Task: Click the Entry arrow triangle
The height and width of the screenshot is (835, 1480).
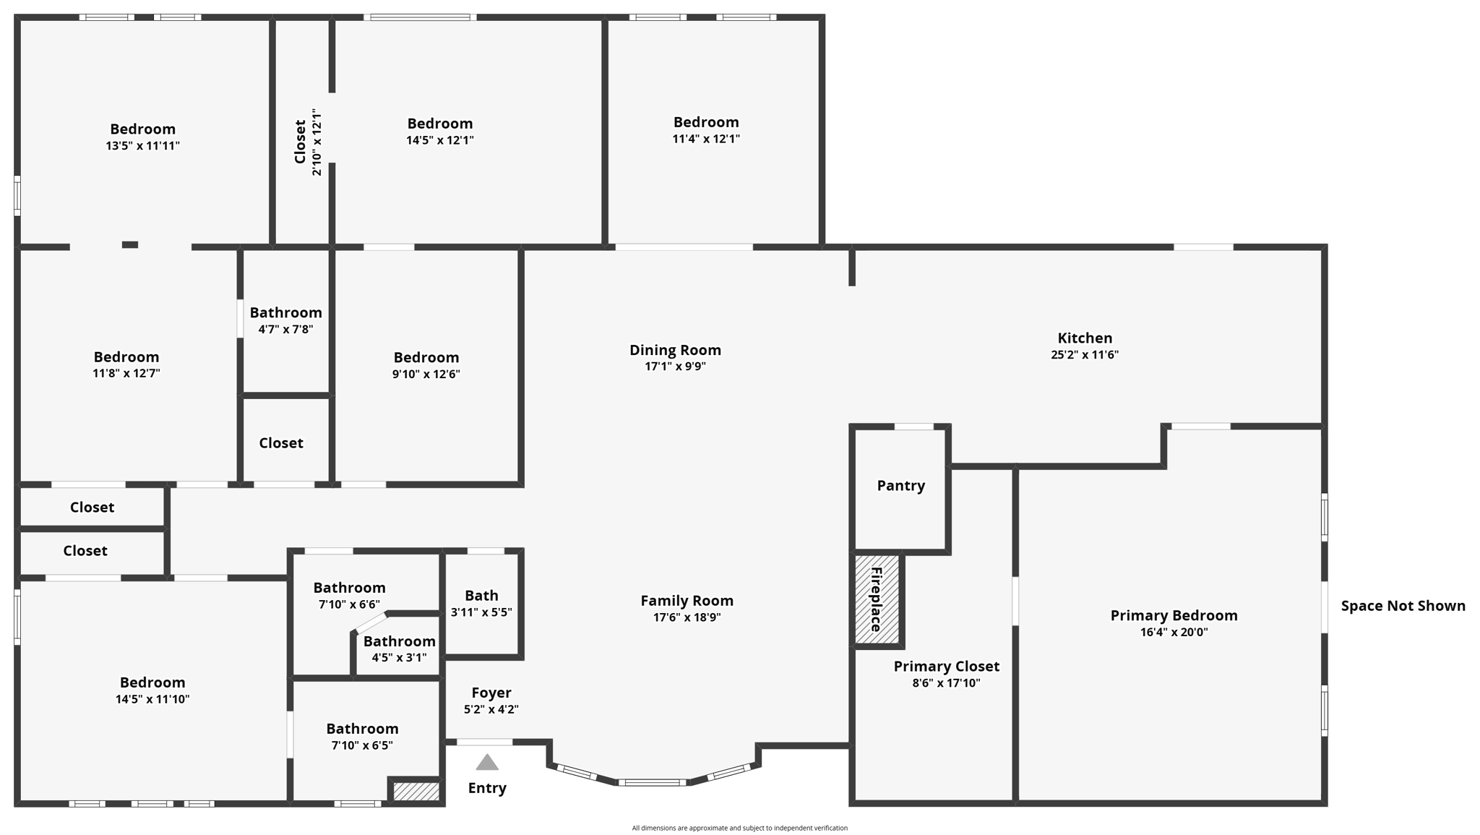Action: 487,763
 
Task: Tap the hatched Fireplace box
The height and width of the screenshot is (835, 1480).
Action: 877,599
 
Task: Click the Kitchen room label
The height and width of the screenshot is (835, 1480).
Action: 1085,338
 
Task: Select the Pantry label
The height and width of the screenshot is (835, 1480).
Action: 900,485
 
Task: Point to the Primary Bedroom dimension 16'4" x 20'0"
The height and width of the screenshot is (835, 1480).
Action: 1174,632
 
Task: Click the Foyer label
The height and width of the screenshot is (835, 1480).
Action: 491,693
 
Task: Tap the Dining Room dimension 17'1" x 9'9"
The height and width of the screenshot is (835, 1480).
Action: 675,367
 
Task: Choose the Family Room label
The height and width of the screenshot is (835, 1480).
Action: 687,601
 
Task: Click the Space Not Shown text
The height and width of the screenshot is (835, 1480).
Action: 1403,606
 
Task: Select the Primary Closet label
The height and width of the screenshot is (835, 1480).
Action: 946,667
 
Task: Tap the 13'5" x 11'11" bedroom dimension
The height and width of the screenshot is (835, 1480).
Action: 142,146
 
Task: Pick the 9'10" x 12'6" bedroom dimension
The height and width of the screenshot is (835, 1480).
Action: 426,374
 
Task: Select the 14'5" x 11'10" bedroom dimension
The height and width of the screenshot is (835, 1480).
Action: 152,699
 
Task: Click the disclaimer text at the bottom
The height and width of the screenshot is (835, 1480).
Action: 739,828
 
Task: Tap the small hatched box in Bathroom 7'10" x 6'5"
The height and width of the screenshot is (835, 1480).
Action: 416,792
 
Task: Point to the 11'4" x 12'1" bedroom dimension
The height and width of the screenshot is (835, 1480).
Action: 706,139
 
